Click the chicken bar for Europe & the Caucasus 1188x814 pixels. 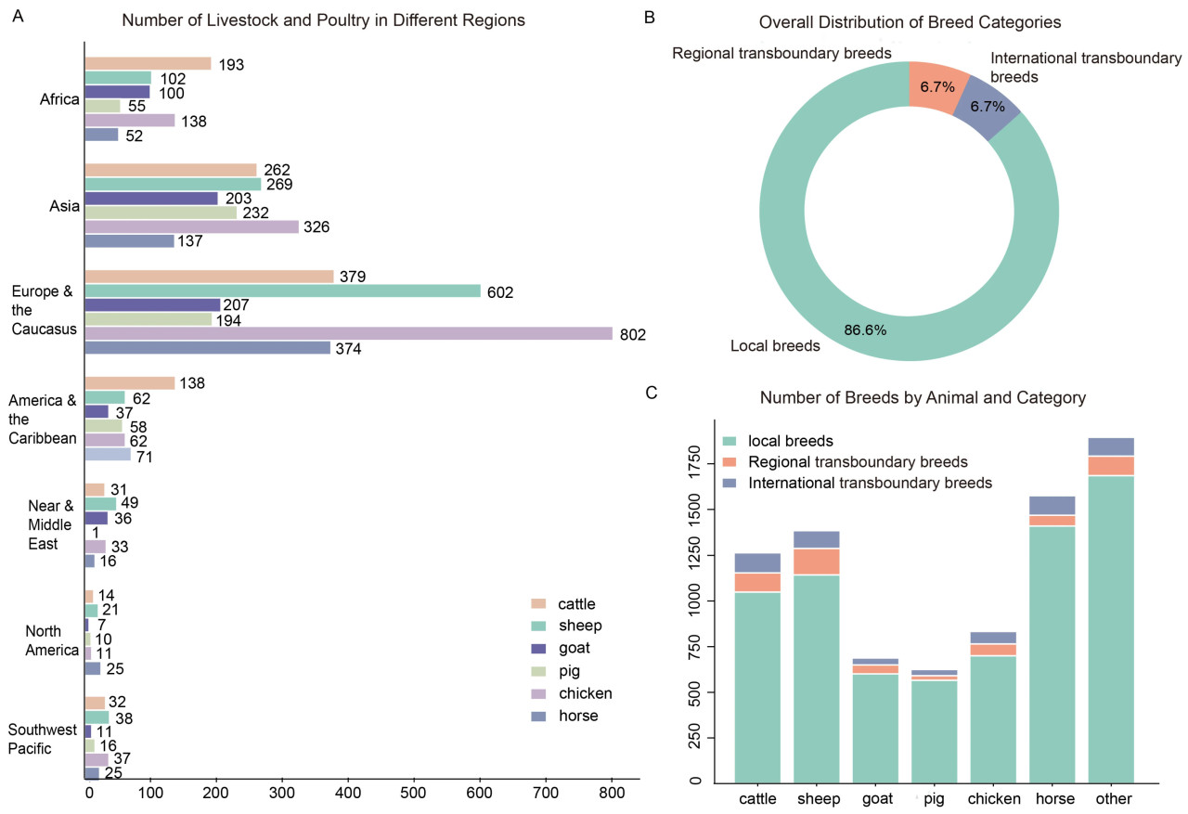pyautogui.click(x=348, y=333)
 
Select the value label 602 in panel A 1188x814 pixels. pyautogui.click(x=501, y=292)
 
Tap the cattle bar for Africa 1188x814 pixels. pyautogui.click(x=148, y=64)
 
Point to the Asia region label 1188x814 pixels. pyautogui.click(x=64, y=205)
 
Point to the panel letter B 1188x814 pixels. pyautogui.click(x=649, y=18)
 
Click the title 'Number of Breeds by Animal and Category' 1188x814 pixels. pyautogui.click(x=923, y=398)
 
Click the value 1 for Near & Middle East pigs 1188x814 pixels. pyautogui.click(x=96, y=533)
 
